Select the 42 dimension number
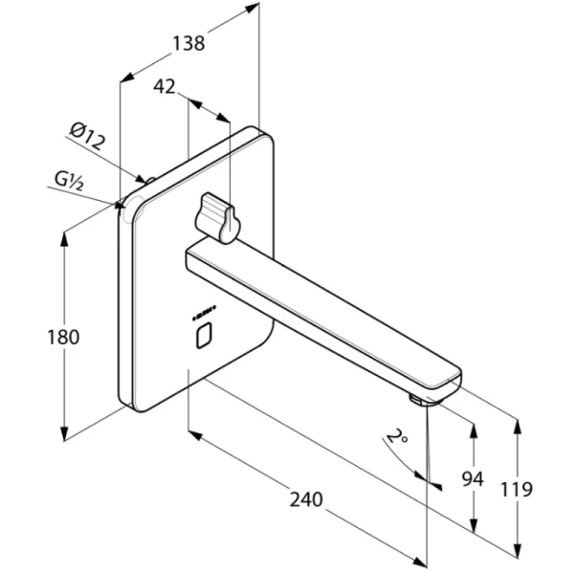(165, 86)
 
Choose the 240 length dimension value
(303, 500)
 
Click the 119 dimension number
(516, 490)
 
